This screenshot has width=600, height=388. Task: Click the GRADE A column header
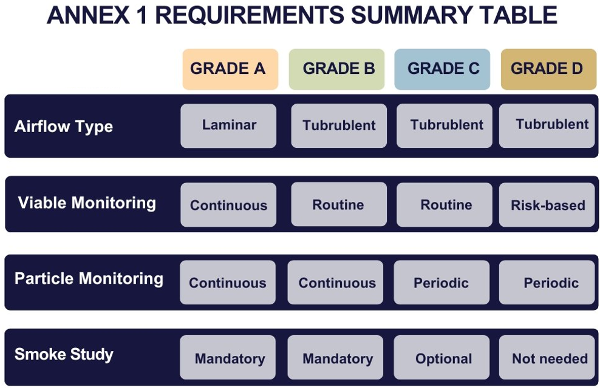point(230,69)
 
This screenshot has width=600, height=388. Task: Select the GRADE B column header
point(336,69)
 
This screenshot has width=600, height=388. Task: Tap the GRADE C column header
point(442,69)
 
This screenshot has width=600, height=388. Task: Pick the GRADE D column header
point(549,69)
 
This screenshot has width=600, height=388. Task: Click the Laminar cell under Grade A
point(228,125)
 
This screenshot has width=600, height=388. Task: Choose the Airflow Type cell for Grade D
point(547,125)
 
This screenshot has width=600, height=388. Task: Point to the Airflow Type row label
point(64,127)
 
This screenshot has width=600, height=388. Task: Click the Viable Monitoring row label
point(87,202)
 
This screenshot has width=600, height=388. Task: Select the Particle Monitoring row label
point(89,278)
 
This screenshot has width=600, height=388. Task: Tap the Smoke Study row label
point(64,355)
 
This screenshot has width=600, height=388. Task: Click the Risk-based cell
point(547,205)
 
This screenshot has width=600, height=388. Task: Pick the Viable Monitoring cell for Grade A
point(228,205)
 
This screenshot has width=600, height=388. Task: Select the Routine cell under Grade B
point(339,204)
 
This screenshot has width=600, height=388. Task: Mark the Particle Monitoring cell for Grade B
point(336,283)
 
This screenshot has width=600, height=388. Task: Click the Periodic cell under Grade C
point(441,283)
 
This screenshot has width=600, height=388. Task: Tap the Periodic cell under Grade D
point(547,283)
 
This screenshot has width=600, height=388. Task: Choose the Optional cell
point(441,358)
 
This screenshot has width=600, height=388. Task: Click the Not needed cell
point(547,358)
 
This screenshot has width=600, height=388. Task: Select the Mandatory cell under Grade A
point(228,358)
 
